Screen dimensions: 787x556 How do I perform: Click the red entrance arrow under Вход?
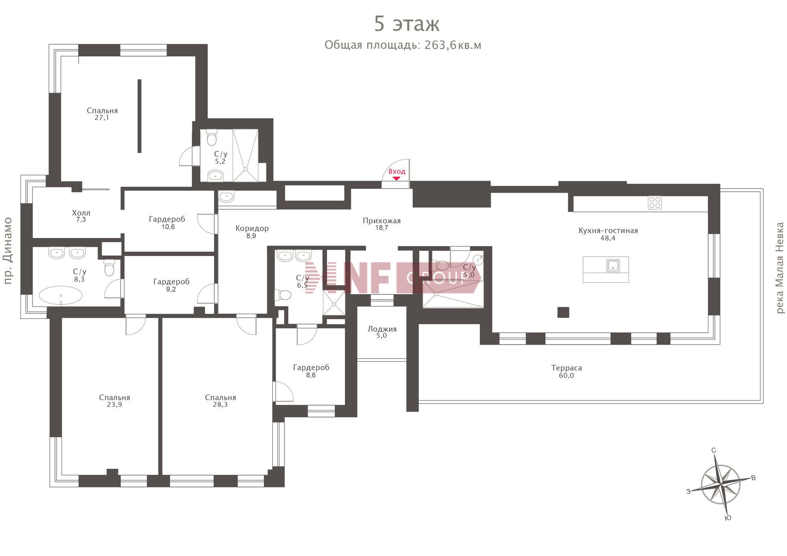(x=396, y=178)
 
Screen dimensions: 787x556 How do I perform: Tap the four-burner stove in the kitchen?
(x=655, y=203)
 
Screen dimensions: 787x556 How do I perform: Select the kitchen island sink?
(x=613, y=266)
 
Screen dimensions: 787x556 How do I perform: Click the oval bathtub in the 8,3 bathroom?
(x=61, y=295)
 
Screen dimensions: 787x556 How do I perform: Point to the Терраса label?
(x=566, y=368)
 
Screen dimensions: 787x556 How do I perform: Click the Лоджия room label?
(x=382, y=329)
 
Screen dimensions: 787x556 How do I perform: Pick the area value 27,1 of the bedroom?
(x=102, y=118)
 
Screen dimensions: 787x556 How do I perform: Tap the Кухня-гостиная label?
(x=608, y=231)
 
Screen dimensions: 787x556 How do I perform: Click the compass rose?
(x=721, y=485)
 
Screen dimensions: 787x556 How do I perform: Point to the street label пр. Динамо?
(x=8, y=251)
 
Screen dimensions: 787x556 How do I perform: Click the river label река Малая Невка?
(x=780, y=268)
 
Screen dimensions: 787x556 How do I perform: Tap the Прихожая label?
(x=382, y=221)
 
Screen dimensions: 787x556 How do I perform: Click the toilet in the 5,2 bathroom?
(x=212, y=138)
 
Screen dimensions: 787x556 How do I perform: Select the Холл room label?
(x=81, y=213)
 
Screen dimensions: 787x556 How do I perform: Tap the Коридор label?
(x=252, y=229)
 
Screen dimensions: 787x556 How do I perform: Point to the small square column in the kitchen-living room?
(x=563, y=312)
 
